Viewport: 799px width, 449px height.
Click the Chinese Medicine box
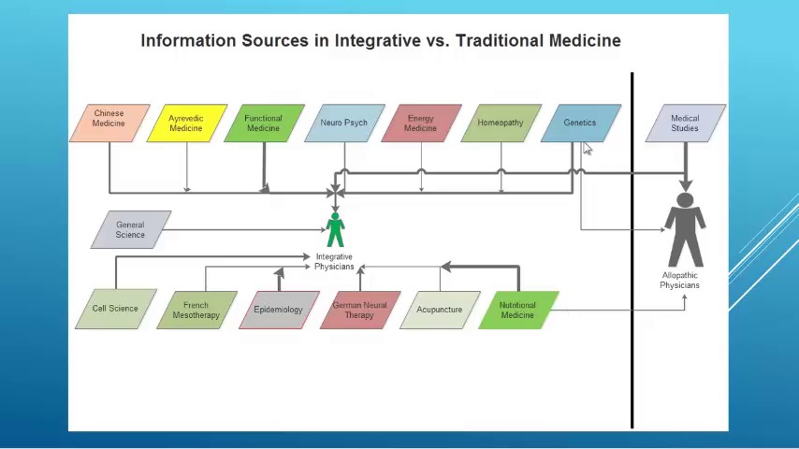[x=109, y=123]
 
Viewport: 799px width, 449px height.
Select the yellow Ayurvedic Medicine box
[x=186, y=123]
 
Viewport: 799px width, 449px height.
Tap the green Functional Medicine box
[x=264, y=123]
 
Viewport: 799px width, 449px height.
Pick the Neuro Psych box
[x=343, y=123]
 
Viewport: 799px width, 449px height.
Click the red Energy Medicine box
[x=421, y=123]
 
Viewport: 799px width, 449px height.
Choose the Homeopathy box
[x=501, y=123]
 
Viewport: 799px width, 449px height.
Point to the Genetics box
[x=580, y=123]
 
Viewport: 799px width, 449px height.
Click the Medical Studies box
[x=685, y=123]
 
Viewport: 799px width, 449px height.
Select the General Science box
[x=130, y=229]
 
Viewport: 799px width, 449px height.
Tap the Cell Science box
[x=115, y=309]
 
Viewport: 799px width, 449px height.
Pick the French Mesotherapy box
[x=196, y=310]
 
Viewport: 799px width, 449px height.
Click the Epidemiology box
[x=279, y=310]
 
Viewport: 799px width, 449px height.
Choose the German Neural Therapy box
[x=359, y=310]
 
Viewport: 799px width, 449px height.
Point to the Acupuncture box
[x=440, y=310]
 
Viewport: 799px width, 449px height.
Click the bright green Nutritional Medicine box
[x=517, y=310]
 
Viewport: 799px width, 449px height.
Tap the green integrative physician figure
[x=335, y=230]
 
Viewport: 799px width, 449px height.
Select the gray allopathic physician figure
[x=685, y=229]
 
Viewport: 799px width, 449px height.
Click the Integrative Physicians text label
[x=334, y=262]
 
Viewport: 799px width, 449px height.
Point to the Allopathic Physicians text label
[x=680, y=281]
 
